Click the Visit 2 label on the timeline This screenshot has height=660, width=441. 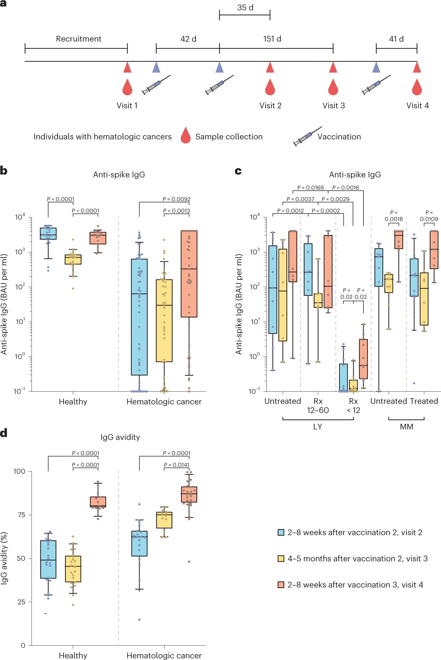click(270, 106)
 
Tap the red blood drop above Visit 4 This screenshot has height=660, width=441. click(417, 87)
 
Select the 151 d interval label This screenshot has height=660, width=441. click(272, 39)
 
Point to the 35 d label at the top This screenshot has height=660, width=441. click(245, 8)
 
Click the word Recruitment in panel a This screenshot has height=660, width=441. click(79, 39)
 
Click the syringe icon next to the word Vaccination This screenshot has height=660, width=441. click(308, 136)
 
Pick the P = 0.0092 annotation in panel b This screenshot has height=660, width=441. click(176, 199)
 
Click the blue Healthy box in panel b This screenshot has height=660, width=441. click(48, 234)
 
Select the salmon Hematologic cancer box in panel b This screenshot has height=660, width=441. click(189, 274)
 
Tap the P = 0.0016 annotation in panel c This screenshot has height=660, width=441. click(346, 188)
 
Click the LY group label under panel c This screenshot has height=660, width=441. click(318, 427)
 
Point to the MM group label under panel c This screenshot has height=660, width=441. click(407, 427)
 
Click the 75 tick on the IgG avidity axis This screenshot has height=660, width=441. click(21, 515)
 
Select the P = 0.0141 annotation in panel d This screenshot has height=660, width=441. click(177, 465)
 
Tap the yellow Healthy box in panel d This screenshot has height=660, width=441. click(73, 569)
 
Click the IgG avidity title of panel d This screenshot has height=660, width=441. click(120, 437)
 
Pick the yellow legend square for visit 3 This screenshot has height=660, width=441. click(281, 558)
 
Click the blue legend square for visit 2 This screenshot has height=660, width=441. click(281, 532)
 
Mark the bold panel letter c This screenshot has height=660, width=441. click(238, 171)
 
